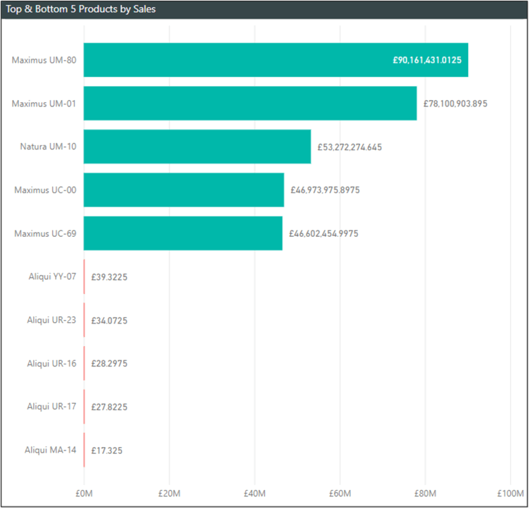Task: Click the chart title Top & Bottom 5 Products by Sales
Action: click(81, 9)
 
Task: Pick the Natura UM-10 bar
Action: click(197, 147)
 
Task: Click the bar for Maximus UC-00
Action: click(184, 190)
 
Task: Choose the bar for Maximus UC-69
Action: click(183, 233)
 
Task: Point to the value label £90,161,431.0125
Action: click(427, 61)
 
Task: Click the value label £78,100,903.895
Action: click(455, 104)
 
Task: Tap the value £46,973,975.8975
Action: click(325, 190)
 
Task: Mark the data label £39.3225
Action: click(109, 277)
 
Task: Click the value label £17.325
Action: click(107, 450)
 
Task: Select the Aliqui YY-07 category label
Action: click(51, 276)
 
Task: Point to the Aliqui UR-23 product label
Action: click(51, 320)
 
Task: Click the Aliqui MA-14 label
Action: click(50, 450)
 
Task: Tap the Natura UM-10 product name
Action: click(48, 147)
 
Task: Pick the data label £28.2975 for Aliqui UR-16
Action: click(109, 364)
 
